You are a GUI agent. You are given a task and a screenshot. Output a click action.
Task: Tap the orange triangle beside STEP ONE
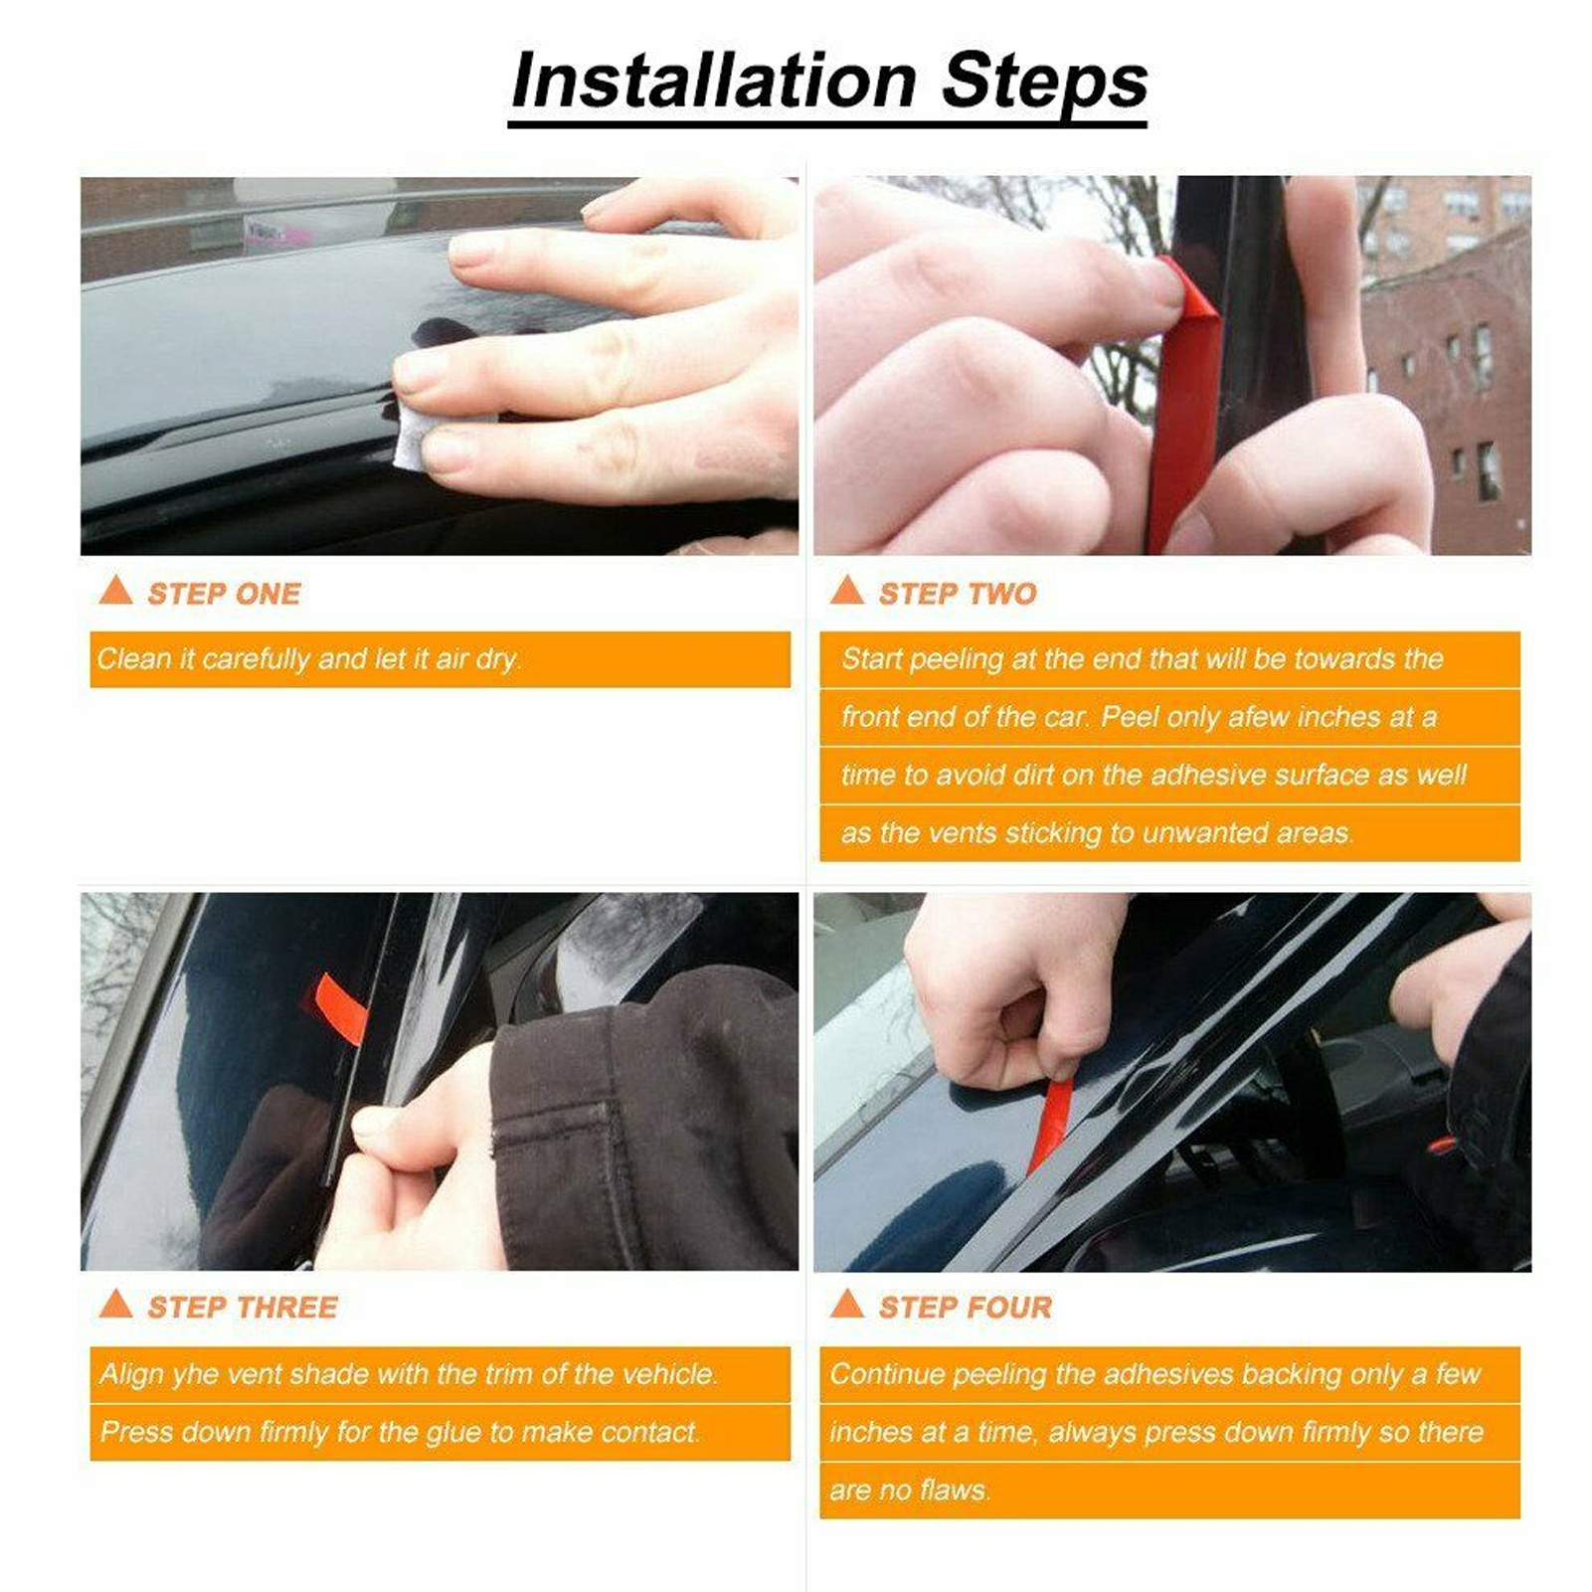[x=116, y=590]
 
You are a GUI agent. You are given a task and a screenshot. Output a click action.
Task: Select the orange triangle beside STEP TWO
[x=847, y=590]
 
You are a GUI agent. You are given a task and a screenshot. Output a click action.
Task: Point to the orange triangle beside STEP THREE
[x=116, y=1304]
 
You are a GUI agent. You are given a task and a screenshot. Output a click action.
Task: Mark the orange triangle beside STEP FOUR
[x=847, y=1304]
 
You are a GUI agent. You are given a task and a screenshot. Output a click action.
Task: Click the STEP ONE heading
[x=224, y=594]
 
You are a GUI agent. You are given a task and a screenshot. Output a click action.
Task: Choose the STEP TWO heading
[x=958, y=594]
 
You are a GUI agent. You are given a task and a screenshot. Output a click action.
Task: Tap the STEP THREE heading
[x=243, y=1308]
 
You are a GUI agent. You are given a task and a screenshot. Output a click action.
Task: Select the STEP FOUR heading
[x=965, y=1308]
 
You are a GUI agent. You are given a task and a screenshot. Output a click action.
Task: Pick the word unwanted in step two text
[x=1205, y=833]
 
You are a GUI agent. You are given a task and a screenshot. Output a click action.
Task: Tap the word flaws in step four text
[x=955, y=1491]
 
